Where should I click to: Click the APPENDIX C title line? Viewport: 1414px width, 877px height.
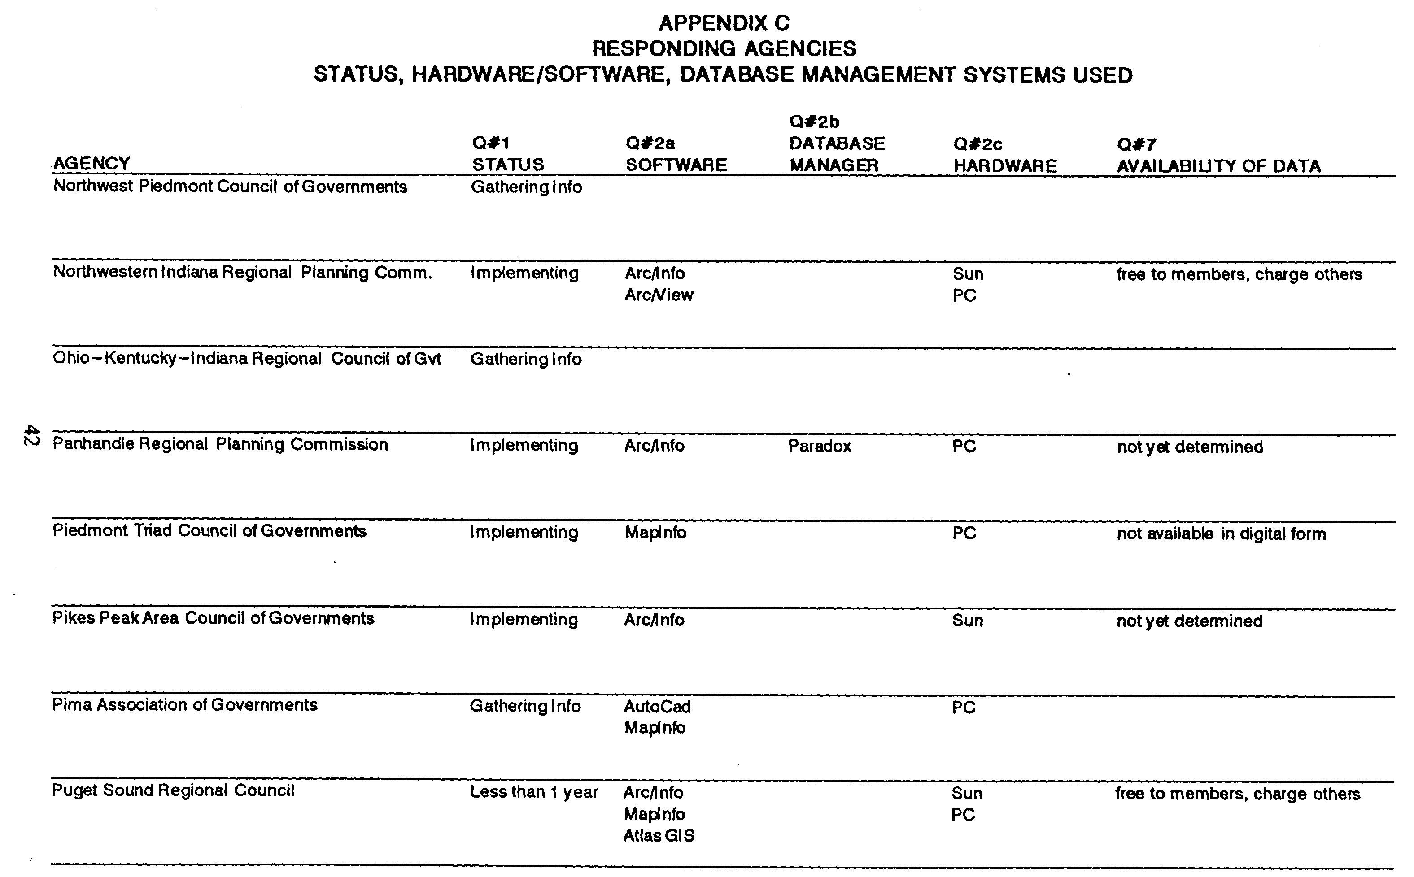[x=724, y=23]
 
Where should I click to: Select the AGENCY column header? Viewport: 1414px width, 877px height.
[x=92, y=164]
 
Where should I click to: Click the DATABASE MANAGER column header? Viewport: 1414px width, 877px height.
[x=836, y=154]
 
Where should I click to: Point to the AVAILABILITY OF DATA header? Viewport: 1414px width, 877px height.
[x=1218, y=166]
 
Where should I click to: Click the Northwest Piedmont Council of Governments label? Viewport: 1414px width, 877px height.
[x=230, y=187]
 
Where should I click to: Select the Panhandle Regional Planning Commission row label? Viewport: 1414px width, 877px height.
[x=220, y=444]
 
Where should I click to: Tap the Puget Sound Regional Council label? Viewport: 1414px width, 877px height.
[x=173, y=790]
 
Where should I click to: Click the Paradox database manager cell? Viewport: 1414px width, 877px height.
[x=819, y=446]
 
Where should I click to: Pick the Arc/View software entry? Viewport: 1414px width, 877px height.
[x=659, y=295]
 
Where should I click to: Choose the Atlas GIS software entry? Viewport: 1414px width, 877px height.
[x=659, y=836]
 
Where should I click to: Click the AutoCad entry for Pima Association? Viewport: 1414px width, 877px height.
[x=657, y=707]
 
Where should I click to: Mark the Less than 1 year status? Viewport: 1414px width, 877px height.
[x=533, y=792]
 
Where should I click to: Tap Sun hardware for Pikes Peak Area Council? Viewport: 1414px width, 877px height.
[x=967, y=621]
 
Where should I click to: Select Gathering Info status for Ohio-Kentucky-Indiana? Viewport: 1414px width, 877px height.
[x=525, y=359]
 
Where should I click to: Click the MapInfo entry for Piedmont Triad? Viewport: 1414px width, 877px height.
[x=655, y=533]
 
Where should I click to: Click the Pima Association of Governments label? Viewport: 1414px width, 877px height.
[x=184, y=705]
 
